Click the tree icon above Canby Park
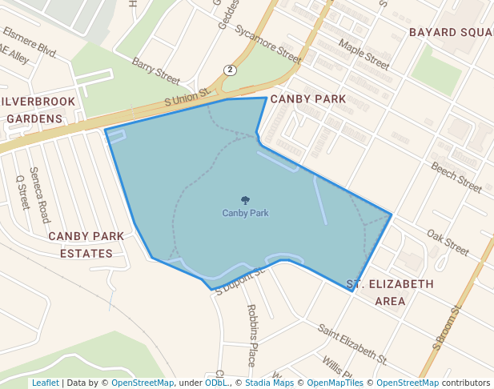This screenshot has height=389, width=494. (x=245, y=201)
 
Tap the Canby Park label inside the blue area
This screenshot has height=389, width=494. (x=245, y=214)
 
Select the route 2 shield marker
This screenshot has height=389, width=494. (x=231, y=70)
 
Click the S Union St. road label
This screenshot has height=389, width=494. (x=187, y=98)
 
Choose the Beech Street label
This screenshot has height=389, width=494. (x=456, y=178)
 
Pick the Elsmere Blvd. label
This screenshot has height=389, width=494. (x=30, y=42)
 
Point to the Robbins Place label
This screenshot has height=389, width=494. (x=251, y=335)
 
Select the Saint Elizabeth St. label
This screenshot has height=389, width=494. (x=352, y=341)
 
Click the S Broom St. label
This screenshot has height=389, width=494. (x=448, y=327)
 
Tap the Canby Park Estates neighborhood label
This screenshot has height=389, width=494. (x=86, y=245)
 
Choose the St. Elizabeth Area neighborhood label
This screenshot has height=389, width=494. (x=390, y=292)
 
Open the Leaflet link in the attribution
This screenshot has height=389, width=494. (x=45, y=383)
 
